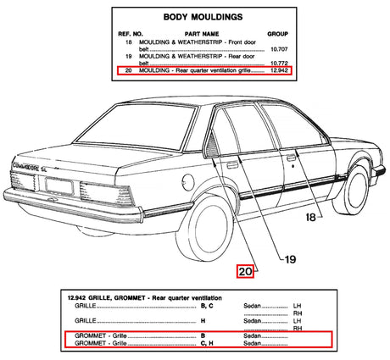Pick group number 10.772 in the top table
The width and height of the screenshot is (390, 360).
(x=279, y=64)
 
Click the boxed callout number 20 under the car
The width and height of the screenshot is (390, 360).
(x=246, y=271)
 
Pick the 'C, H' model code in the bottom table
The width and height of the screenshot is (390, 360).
(x=184, y=345)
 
